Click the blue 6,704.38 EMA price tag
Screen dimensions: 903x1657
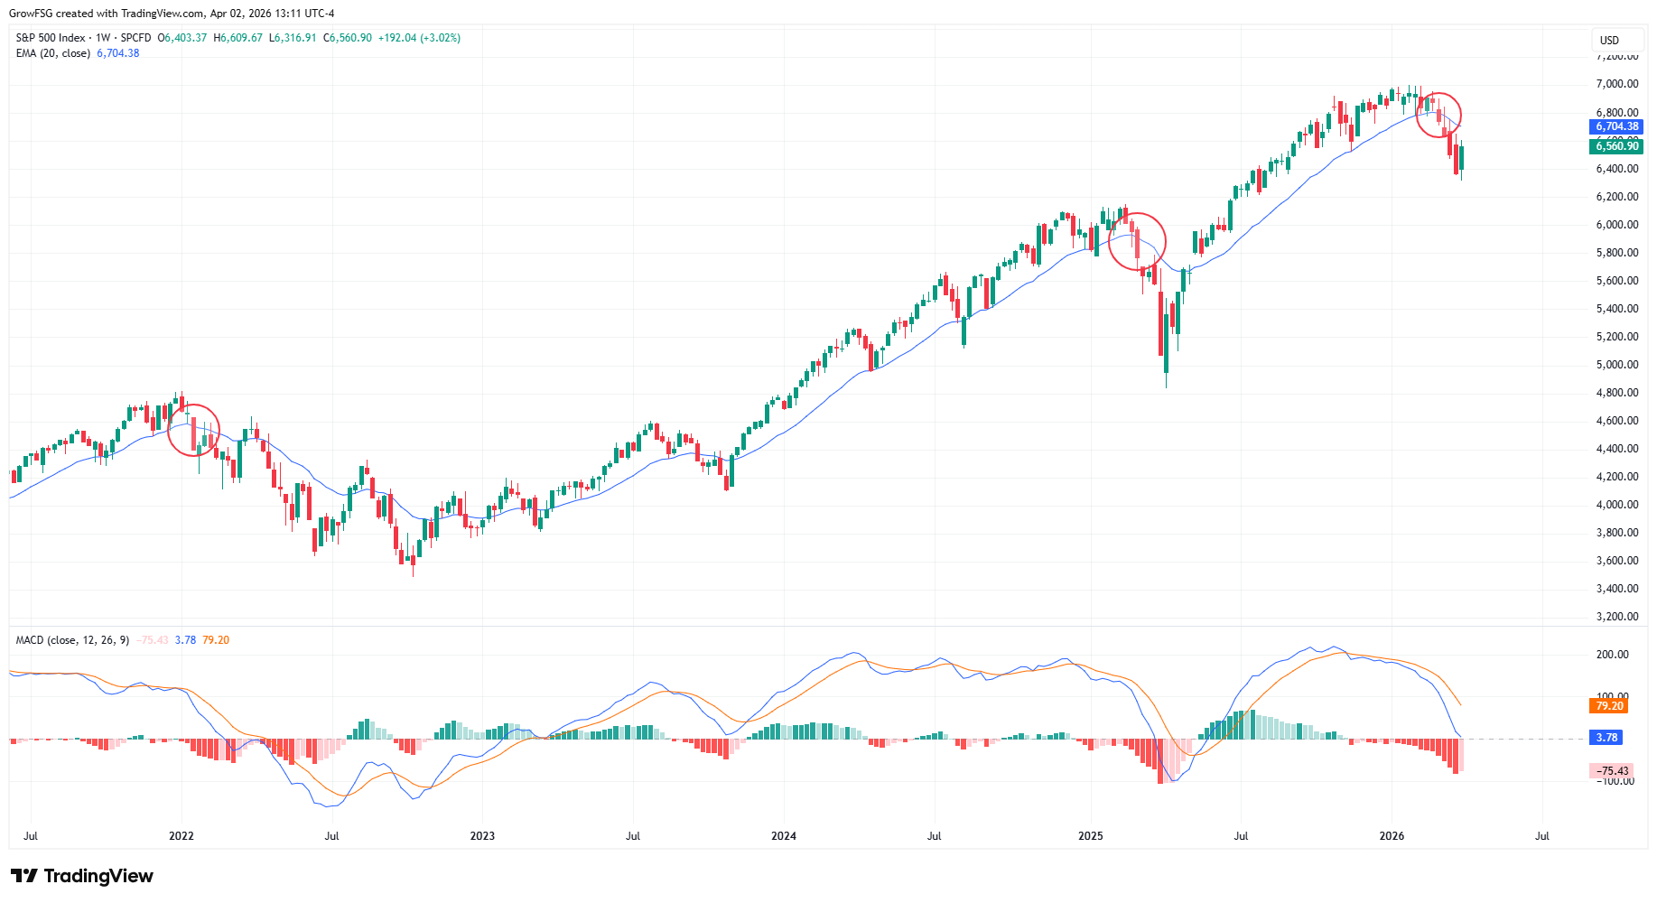(1616, 127)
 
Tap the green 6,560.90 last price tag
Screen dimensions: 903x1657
(1616, 146)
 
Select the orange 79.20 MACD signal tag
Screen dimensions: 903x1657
(1609, 706)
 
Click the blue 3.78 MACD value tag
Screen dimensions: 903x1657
(1606, 738)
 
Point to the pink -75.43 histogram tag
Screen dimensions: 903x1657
(1612, 771)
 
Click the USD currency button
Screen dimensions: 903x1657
(1610, 41)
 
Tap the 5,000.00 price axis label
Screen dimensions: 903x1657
(1617, 365)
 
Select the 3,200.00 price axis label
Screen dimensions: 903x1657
(1617, 617)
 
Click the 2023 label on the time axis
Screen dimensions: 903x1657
(482, 836)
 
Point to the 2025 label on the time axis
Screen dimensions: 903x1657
(1091, 836)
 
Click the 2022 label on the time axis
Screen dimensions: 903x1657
(182, 836)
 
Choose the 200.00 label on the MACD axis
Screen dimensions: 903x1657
(1613, 655)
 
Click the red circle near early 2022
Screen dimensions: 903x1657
(194, 430)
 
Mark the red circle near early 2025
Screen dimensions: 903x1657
(1137, 241)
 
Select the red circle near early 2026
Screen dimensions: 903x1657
(1438, 115)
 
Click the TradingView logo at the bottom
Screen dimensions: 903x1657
(82, 876)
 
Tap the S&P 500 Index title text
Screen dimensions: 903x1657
(51, 38)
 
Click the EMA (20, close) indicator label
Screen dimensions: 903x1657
(53, 53)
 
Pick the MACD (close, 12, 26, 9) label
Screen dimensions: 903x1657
(72, 640)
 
